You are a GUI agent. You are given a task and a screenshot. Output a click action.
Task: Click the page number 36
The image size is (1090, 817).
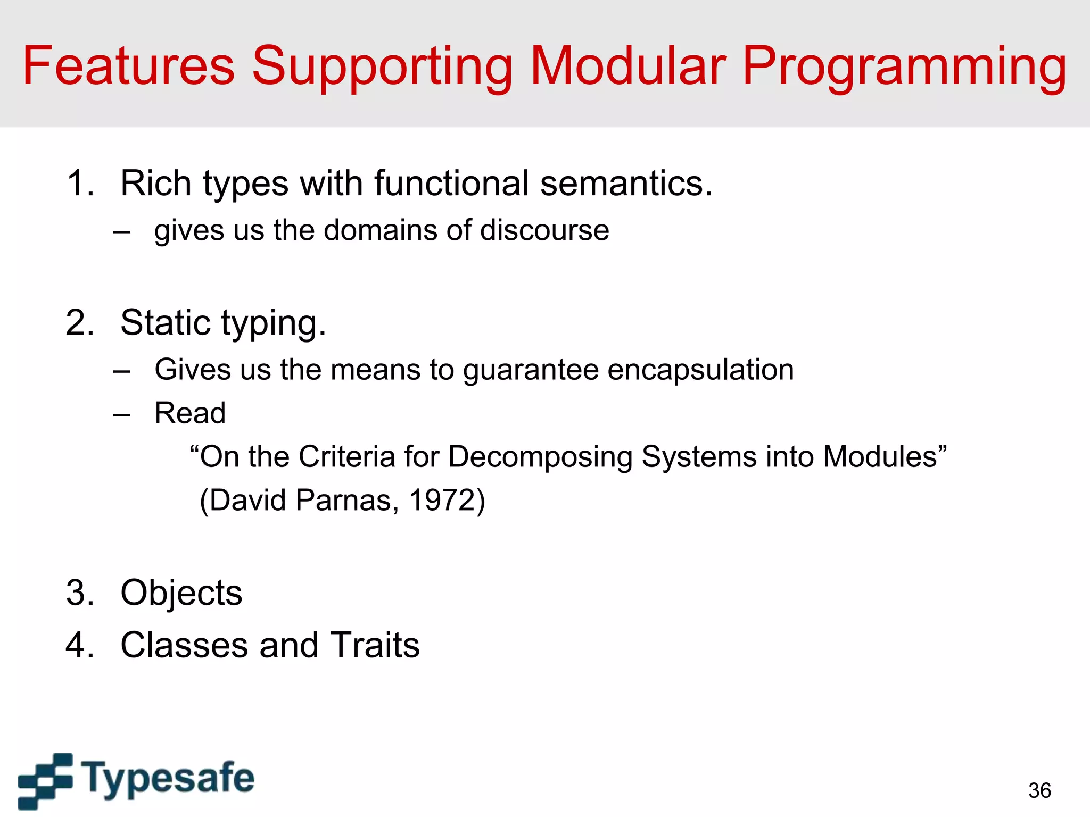[x=1039, y=790]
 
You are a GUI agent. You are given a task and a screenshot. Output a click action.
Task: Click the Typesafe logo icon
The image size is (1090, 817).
[x=45, y=780]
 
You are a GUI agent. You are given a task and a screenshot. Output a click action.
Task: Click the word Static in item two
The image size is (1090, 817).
[x=165, y=323]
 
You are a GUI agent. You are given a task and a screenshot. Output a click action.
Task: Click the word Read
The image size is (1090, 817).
[x=190, y=413]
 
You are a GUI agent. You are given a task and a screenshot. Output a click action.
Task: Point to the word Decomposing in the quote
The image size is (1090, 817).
[x=540, y=457]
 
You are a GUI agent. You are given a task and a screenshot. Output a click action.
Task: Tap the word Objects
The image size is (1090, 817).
[x=181, y=593]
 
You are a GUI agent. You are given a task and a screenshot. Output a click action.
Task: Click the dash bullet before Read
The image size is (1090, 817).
[x=121, y=414]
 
